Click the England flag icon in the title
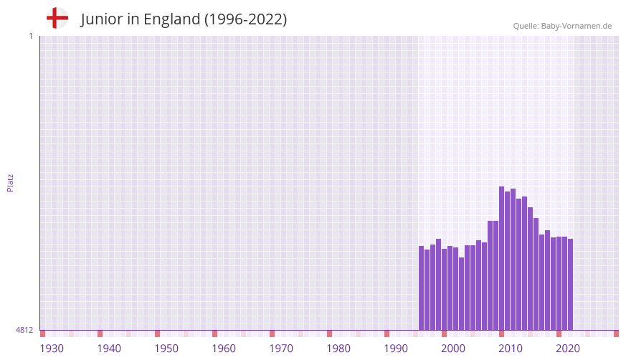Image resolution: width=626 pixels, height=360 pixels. [x=57, y=18]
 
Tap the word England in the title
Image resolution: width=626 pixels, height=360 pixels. [x=171, y=19]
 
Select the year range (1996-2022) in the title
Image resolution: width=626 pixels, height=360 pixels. [x=245, y=19]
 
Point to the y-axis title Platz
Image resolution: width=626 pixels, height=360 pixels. [x=10, y=182]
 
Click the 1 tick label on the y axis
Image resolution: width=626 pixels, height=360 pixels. [x=30, y=36]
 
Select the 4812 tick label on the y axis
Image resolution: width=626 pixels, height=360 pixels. [x=24, y=330]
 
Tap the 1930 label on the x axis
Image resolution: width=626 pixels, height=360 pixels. [x=52, y=349]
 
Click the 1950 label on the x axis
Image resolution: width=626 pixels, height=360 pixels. [x=166, y=349]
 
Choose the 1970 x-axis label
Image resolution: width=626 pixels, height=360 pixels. [x=281, y=349]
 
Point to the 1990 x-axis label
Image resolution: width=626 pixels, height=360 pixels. [x=396, y=349]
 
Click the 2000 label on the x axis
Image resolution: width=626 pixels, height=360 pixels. [x=453, y=349]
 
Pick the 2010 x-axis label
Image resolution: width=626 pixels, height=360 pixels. [x=511, y=349]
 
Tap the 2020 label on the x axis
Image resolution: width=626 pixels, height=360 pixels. [x=568, y=349]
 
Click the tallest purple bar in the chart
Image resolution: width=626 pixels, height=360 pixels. [x=502, y=258]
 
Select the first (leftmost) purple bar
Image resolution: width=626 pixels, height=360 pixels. [x=422, y=288]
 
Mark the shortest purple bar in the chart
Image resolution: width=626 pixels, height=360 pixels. [x=462, y=293]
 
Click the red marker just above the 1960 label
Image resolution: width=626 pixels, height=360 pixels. [x=214, y=333]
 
